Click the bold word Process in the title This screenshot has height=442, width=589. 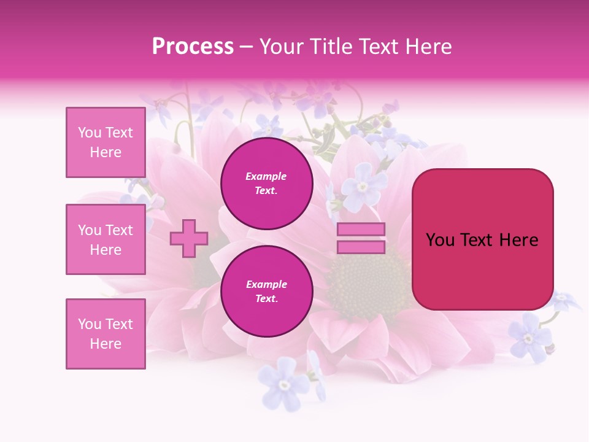193,47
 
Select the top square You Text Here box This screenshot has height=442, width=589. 106,142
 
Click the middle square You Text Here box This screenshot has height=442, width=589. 106,239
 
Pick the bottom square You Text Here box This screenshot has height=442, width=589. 106,334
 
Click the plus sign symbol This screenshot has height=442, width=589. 189,238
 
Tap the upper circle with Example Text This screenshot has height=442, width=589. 266,183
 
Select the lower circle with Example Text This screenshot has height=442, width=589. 266,291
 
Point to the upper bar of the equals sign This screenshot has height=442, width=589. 361,230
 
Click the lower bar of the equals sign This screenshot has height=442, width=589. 361,247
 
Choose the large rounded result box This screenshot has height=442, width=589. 482,239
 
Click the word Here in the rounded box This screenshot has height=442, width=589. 520,240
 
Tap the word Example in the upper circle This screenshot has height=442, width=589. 266,176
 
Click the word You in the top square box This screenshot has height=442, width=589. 89,133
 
